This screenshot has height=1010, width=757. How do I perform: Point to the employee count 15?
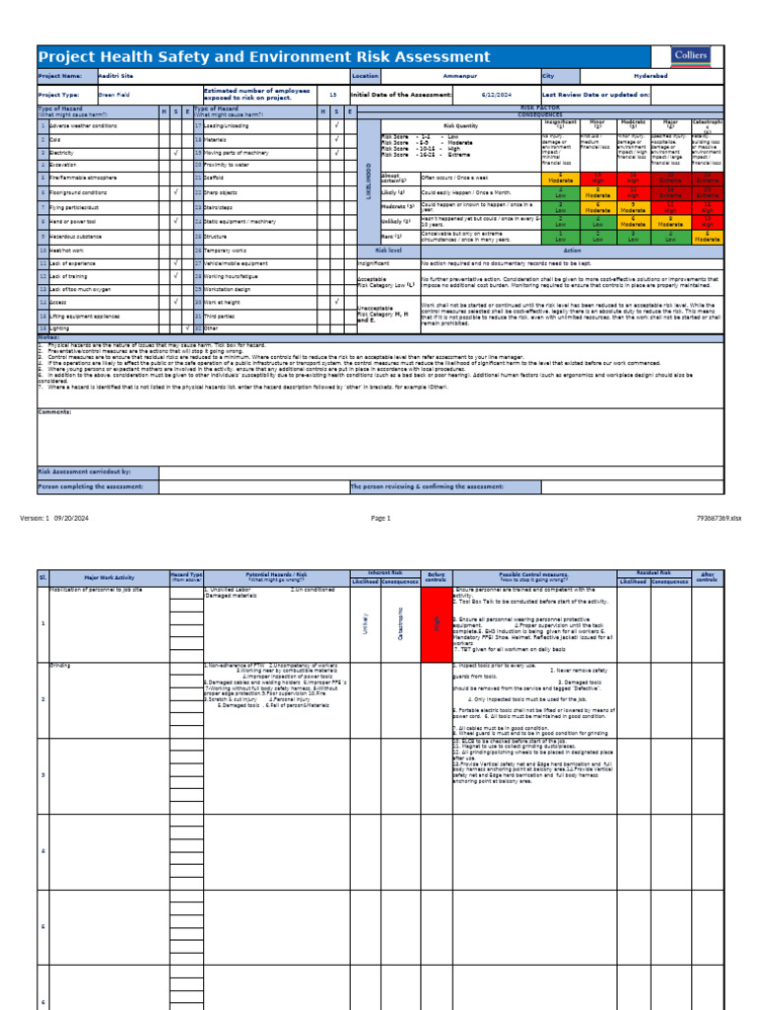(x=332, y=95)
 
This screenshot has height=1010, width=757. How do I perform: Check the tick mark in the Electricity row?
(x=174, y=153)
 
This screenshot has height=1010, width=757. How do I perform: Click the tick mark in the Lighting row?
(x=187, y=327)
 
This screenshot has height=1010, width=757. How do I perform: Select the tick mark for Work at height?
(x=336, y=303)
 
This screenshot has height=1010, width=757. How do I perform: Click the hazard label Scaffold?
(x=215, y=179)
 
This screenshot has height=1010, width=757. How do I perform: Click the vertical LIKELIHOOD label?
(x=370, y=184)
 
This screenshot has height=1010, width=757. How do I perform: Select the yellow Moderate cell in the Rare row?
(x=707, y=237)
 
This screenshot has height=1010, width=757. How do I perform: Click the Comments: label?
(x=54, y=411)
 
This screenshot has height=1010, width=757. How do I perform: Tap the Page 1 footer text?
(x=380, y=518)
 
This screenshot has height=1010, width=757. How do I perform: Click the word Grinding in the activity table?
(x=61, y=666)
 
